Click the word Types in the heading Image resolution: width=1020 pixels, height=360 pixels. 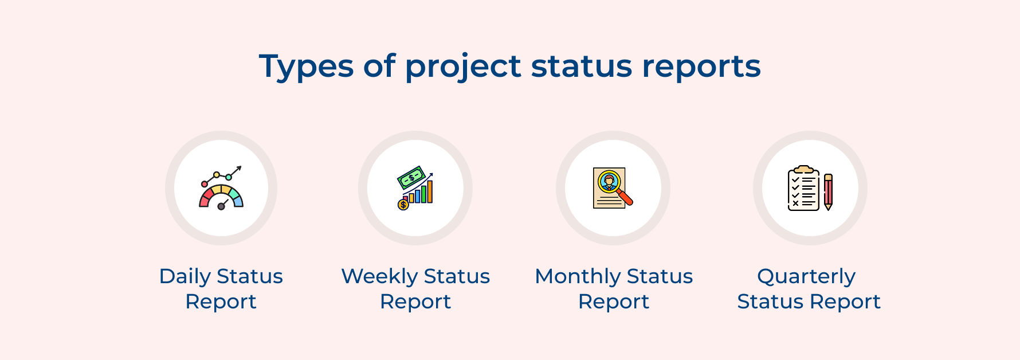tap(307, 67)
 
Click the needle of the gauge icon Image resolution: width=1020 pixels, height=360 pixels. tap(223, 204)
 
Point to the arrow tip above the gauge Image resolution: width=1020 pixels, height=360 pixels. tap(240, 168)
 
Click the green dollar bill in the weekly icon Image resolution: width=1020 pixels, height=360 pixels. tap(411, 178)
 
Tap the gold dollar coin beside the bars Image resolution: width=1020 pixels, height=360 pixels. tap(403, 204)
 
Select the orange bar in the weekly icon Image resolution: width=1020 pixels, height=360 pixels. tap(429, 191)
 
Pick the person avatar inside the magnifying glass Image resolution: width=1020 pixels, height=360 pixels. tap(609, 181)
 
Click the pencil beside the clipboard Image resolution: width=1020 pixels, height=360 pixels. tap(828, 191)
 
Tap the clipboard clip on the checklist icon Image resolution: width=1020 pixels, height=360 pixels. tap(803, 170)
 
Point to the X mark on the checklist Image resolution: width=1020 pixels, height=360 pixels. tap(795, 203)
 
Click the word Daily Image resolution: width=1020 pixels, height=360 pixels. tap(185, 277)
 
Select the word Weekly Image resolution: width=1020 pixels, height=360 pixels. tap(379, 277)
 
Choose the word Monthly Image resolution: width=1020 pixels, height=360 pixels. tap(578, 277)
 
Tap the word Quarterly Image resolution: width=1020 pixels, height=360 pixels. tap(806, 277)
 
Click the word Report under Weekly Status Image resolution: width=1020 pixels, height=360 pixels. tap(415, 302)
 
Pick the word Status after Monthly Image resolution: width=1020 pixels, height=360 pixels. tap(660, 277)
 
